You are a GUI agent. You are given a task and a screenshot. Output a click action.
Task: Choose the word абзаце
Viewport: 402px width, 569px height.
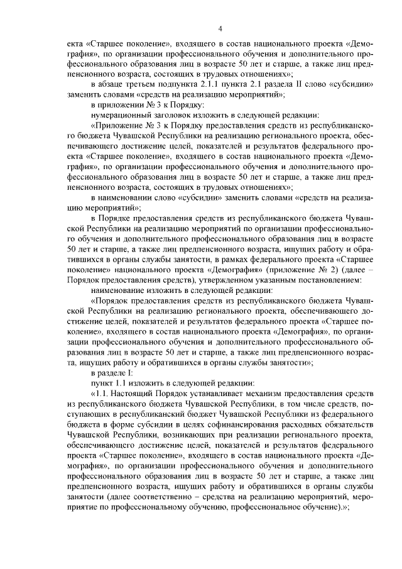pyautogui.click(x=115, y=85)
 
